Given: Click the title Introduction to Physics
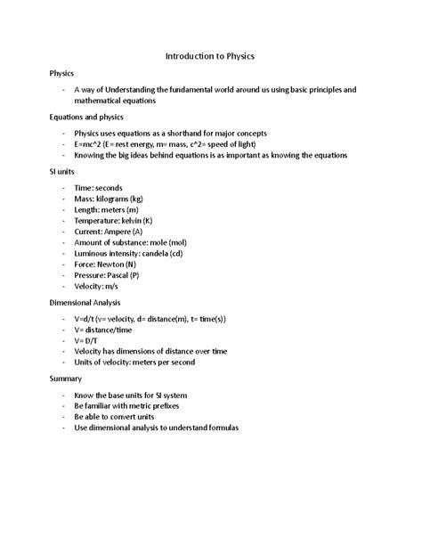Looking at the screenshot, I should tap(210, 56).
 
